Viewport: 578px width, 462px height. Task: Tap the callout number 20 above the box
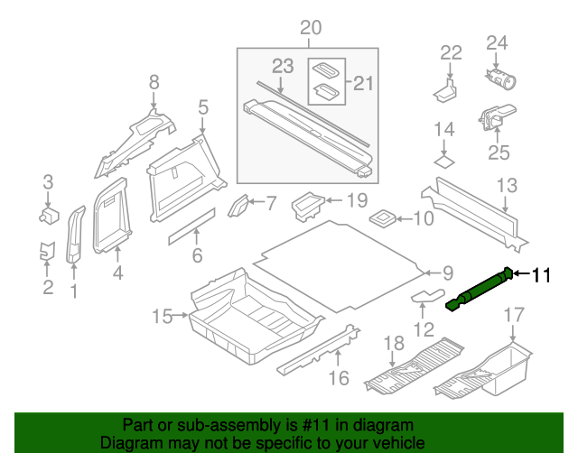[x=310, y=29]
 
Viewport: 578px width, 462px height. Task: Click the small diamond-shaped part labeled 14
[x=443, y=162]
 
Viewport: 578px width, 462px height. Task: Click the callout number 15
[x=162, y=316]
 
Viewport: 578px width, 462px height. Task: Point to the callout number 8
[x=154, y=83]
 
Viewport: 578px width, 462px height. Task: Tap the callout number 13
[x=507, y=186]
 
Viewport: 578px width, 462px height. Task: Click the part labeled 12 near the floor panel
[x=429, y=295]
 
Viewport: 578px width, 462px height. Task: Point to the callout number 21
[x=362, y=83]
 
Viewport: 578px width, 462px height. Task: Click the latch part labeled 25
[x=493, y=117]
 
